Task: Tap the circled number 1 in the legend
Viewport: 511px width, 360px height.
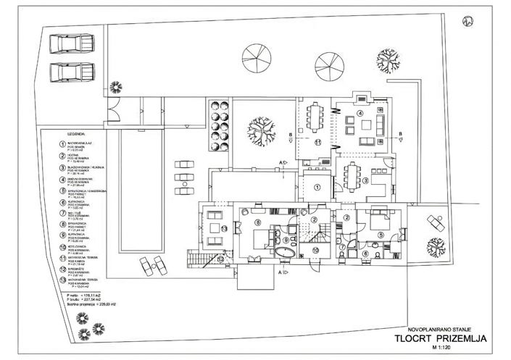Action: click(x=62, y=144)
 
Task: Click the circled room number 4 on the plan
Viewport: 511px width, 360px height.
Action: click(x=360, y=114)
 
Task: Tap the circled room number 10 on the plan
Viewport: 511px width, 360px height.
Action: click(x=315, y=251)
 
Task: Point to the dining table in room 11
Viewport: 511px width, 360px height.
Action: click(x=316, y=116)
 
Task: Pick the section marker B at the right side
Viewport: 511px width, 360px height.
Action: click(x=401, y=133)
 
